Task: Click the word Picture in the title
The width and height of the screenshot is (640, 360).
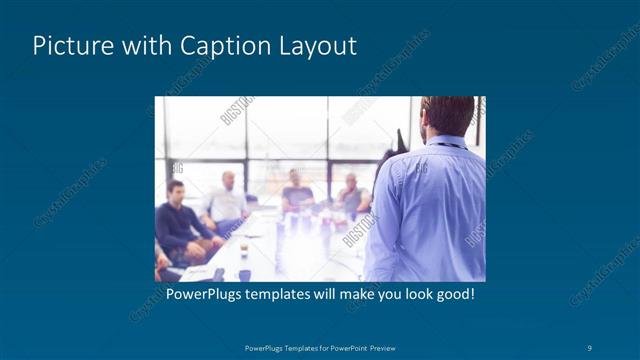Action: point(68,46)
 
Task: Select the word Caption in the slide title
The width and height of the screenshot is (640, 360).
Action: point(221,46)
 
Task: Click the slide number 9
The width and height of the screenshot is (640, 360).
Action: point(590,347)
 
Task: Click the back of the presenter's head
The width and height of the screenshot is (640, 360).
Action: point(447,115)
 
